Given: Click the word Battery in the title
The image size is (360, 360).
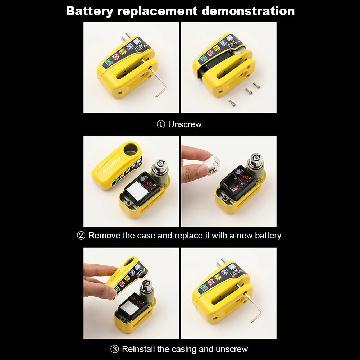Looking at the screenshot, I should [89, 11].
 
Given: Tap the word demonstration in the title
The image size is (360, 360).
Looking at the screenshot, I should [248, 11].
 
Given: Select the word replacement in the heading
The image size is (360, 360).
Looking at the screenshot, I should [157, 11].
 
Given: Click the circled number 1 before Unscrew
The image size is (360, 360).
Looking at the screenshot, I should [160, 124].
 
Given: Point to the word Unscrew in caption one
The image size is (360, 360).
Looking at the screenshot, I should [185, 124].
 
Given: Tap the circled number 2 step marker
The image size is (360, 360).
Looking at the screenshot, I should [81, 236].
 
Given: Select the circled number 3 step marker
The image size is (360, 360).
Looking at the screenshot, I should [114, 349].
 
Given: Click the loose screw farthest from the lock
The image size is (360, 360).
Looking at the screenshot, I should [232, 103].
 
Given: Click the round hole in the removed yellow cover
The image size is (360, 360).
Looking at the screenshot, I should [131, 149].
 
